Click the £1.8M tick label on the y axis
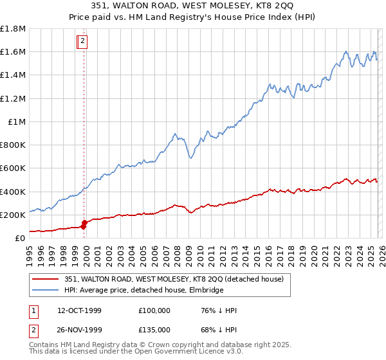tap(13, 29)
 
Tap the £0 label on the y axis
tap(20, 238)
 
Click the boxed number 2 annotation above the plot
tap(83, 42)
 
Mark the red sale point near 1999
tap(84, 223)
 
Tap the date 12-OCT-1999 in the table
tap(79, 310)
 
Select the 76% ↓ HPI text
tap(219, 310)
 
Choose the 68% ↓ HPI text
tap(219, 329)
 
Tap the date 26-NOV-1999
tap(80, 329)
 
